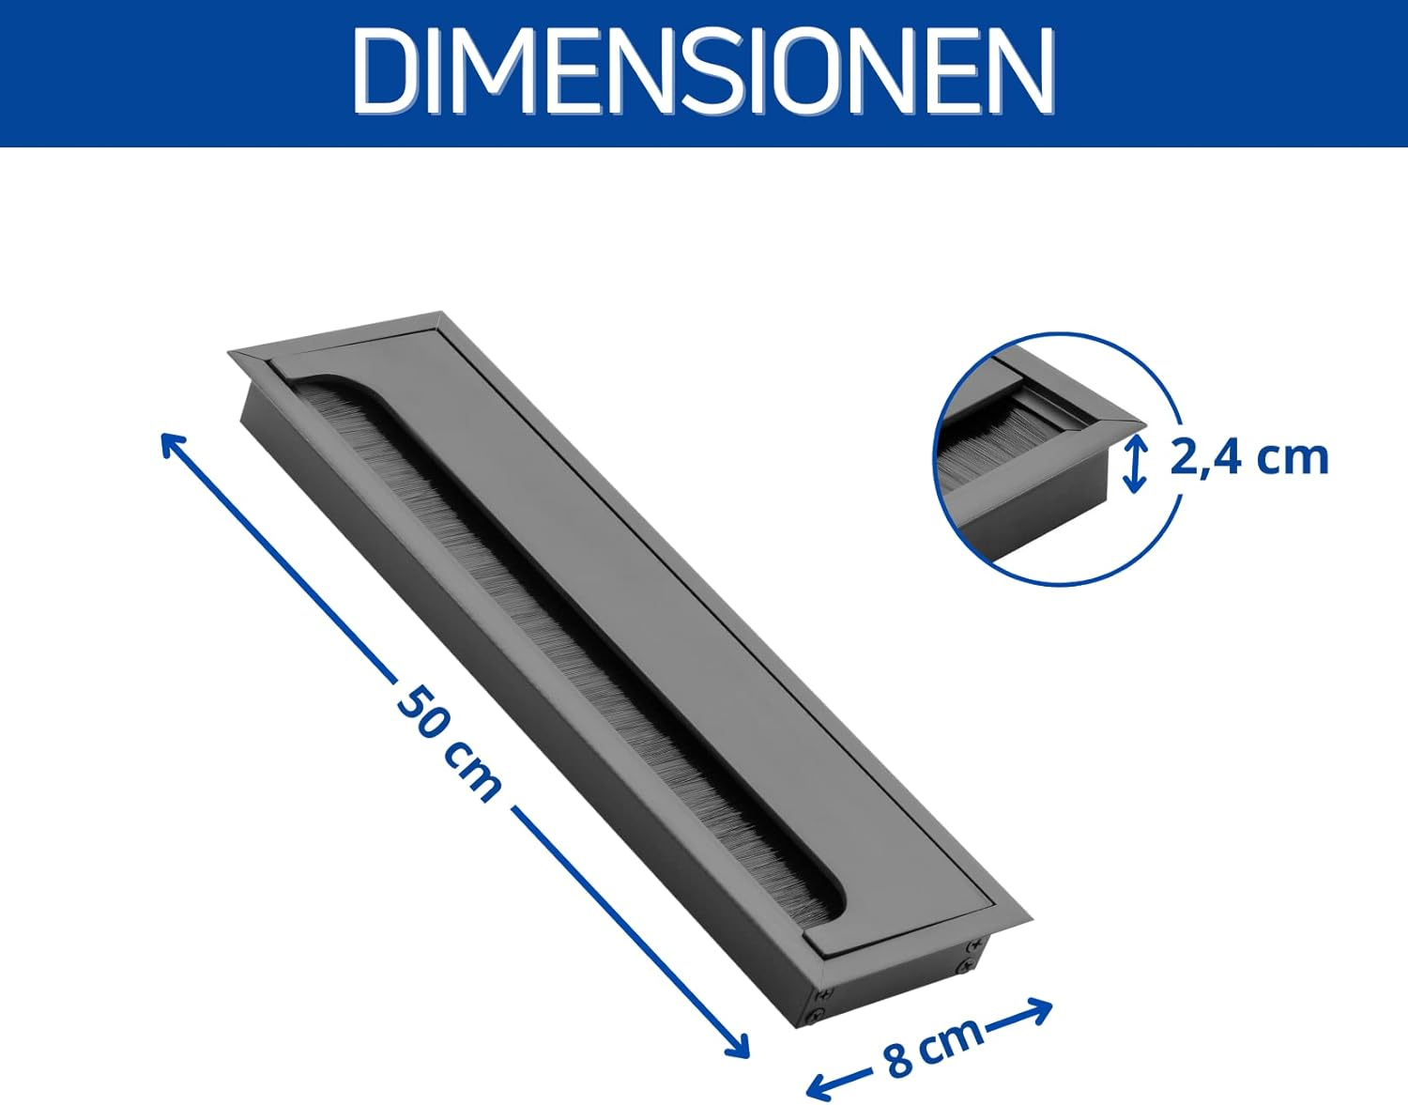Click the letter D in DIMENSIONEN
click(386, 72)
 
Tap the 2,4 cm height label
click(1249, 457)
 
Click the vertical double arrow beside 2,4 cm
click(1135, 463)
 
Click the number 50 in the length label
click(421, 713)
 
